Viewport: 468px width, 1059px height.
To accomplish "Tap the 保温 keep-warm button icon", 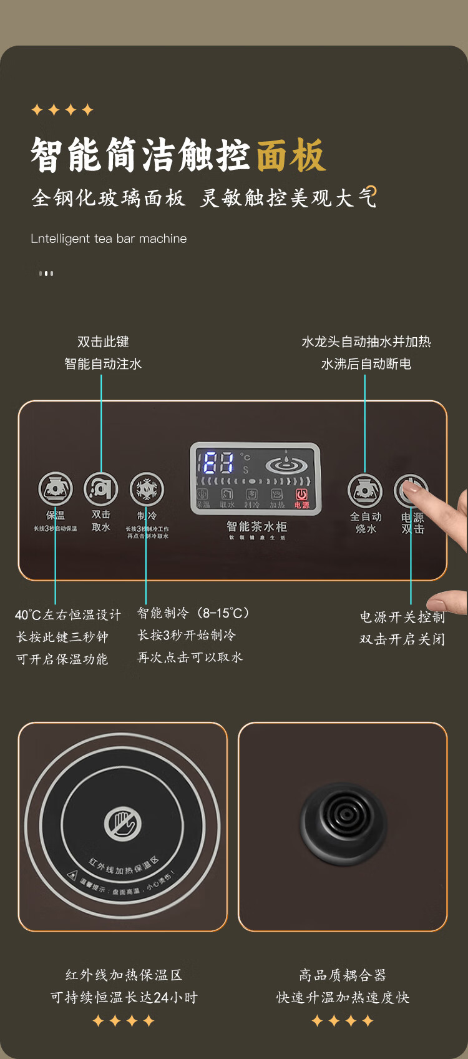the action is tap(56, 489).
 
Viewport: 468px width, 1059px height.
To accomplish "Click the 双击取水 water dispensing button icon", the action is tap(101, 489).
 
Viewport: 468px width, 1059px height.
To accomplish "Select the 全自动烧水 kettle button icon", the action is tap(365, 490).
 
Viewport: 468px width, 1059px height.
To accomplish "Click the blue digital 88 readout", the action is tap(218, 463).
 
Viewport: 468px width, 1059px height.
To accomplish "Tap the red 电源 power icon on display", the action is tap(302, 498).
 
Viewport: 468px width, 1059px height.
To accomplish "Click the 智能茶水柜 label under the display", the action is tap(256, 526).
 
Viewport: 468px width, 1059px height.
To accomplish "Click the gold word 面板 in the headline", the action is tap(291, 155).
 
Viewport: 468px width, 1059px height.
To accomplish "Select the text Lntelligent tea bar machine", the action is tap(109, 239).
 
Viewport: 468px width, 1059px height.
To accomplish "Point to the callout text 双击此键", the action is tap(103, 342).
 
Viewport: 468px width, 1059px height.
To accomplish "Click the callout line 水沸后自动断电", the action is tap(366, 364).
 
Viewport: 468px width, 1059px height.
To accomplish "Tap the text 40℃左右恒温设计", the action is tap(68, 615).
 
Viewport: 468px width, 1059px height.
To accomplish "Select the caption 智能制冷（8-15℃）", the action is tap(193, 613).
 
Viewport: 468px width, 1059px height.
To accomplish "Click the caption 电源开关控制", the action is tap(402, 618).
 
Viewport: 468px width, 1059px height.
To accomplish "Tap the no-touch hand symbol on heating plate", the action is tap(122, 824).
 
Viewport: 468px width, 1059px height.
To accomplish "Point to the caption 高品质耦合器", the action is tap(343, 975).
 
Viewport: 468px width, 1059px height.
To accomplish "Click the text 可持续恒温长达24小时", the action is tap(124, 998).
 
